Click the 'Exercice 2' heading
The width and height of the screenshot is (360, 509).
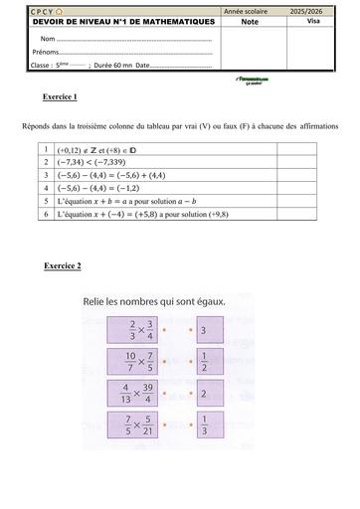63,265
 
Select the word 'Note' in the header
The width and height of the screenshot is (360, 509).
247,20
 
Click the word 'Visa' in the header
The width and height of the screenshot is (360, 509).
314,20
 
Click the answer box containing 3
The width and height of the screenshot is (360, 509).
202,330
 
